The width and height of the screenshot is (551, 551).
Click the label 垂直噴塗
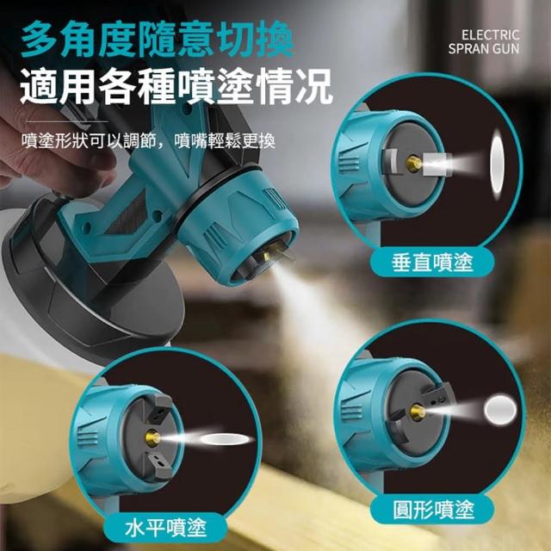(x=432, y=263)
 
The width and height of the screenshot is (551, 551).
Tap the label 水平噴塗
(x=165, y=528)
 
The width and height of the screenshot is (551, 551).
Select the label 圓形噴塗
(x=433, y=510)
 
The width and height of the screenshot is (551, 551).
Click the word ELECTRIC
(x=490, y=35)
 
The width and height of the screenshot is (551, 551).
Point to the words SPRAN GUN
(x=484, y=49)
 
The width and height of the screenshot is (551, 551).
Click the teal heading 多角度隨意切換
(x=157, y=39)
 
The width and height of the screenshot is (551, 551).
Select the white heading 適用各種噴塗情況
(x=176, y=86)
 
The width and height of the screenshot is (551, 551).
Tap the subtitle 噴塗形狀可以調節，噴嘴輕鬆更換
(x=148, y=141)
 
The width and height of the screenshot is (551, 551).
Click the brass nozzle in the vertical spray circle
(x=413, y=164)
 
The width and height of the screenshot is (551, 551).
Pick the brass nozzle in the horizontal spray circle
(x=152, y=438)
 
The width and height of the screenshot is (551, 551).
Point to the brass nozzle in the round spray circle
(x=418, y=412)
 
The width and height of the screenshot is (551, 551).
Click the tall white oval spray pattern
(x=498, y=164)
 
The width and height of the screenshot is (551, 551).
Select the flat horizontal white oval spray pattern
(x=227, y=439)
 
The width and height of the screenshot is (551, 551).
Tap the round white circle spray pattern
(x=500, y=410)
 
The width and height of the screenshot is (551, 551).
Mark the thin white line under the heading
(x=66, y=121)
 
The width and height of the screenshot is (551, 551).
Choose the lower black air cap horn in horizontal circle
(x=158, y=465)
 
